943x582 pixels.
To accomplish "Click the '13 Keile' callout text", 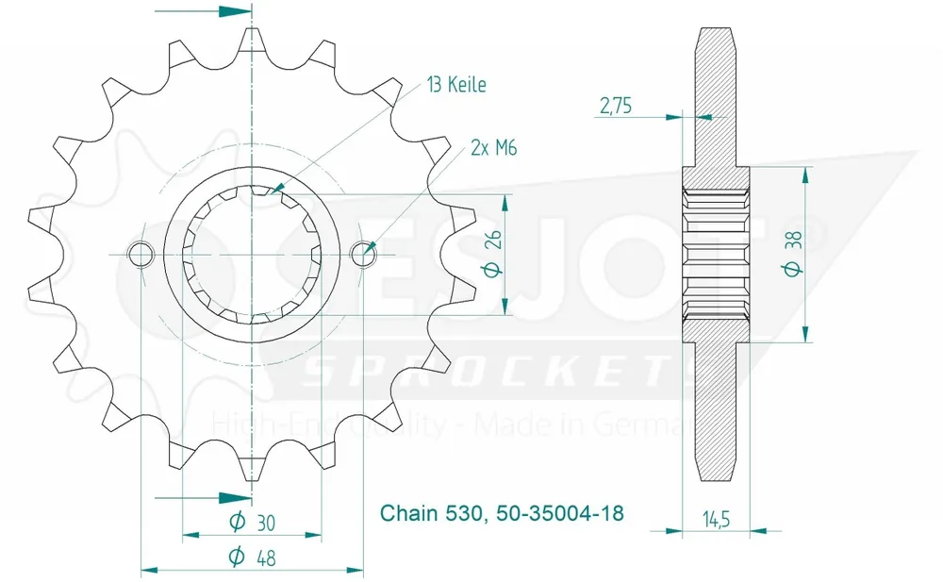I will click(456, 85).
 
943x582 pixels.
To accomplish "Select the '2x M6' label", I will click(493, 148).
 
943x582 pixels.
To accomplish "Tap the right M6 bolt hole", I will click(363, 253).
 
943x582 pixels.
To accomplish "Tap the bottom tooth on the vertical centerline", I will click(252, 468).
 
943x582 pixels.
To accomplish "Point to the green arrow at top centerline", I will click(235, 12).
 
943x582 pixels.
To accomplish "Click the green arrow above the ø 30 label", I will click(235, 497).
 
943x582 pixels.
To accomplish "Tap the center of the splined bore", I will click(252, 254).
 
